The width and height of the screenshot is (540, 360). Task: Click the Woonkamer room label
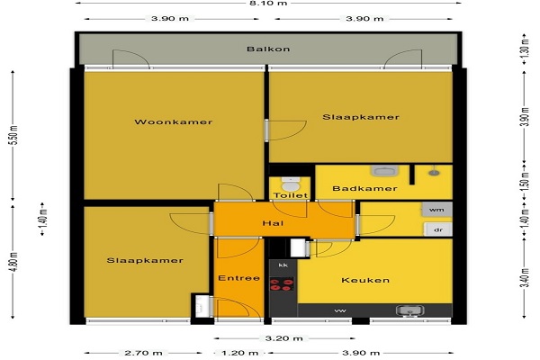click(173, 122)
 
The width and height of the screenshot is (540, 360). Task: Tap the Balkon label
click(268, 49)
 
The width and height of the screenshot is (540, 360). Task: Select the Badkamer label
click(365, 188)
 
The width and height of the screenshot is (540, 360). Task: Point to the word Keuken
click(365, 280)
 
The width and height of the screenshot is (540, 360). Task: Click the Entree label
click(239, 278)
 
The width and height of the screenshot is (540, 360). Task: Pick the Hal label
click(273, 223)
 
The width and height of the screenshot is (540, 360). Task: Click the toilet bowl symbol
click(291, 184)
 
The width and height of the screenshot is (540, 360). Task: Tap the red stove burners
click(282, 284)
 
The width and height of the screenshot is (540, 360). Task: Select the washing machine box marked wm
click(437, 210)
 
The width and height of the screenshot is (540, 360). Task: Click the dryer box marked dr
click(437, 229)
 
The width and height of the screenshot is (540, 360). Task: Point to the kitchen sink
click(409, 311)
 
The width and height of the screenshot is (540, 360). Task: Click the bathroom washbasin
click(384, 171)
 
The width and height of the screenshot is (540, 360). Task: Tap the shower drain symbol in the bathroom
click(434, 172)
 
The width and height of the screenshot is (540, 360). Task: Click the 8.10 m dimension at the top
click(268, 3)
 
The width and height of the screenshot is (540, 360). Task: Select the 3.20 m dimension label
click(283, 338)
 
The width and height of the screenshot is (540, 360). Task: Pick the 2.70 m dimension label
click(143, 353)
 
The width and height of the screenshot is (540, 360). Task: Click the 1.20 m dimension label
click(239, 353)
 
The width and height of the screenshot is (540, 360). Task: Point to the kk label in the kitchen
click(283, 265)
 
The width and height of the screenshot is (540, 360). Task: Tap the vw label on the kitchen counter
click(340, 311)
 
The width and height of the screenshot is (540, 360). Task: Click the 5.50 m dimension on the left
click(14, 135)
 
